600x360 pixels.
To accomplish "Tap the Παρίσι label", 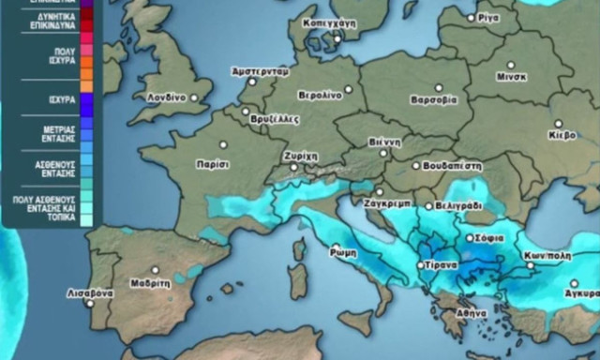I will tap(213, 163).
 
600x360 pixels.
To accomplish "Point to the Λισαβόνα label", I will tap(90, 292).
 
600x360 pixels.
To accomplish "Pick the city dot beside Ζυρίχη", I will tap(295, 168).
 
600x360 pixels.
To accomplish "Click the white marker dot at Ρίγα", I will tap(472, 18).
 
